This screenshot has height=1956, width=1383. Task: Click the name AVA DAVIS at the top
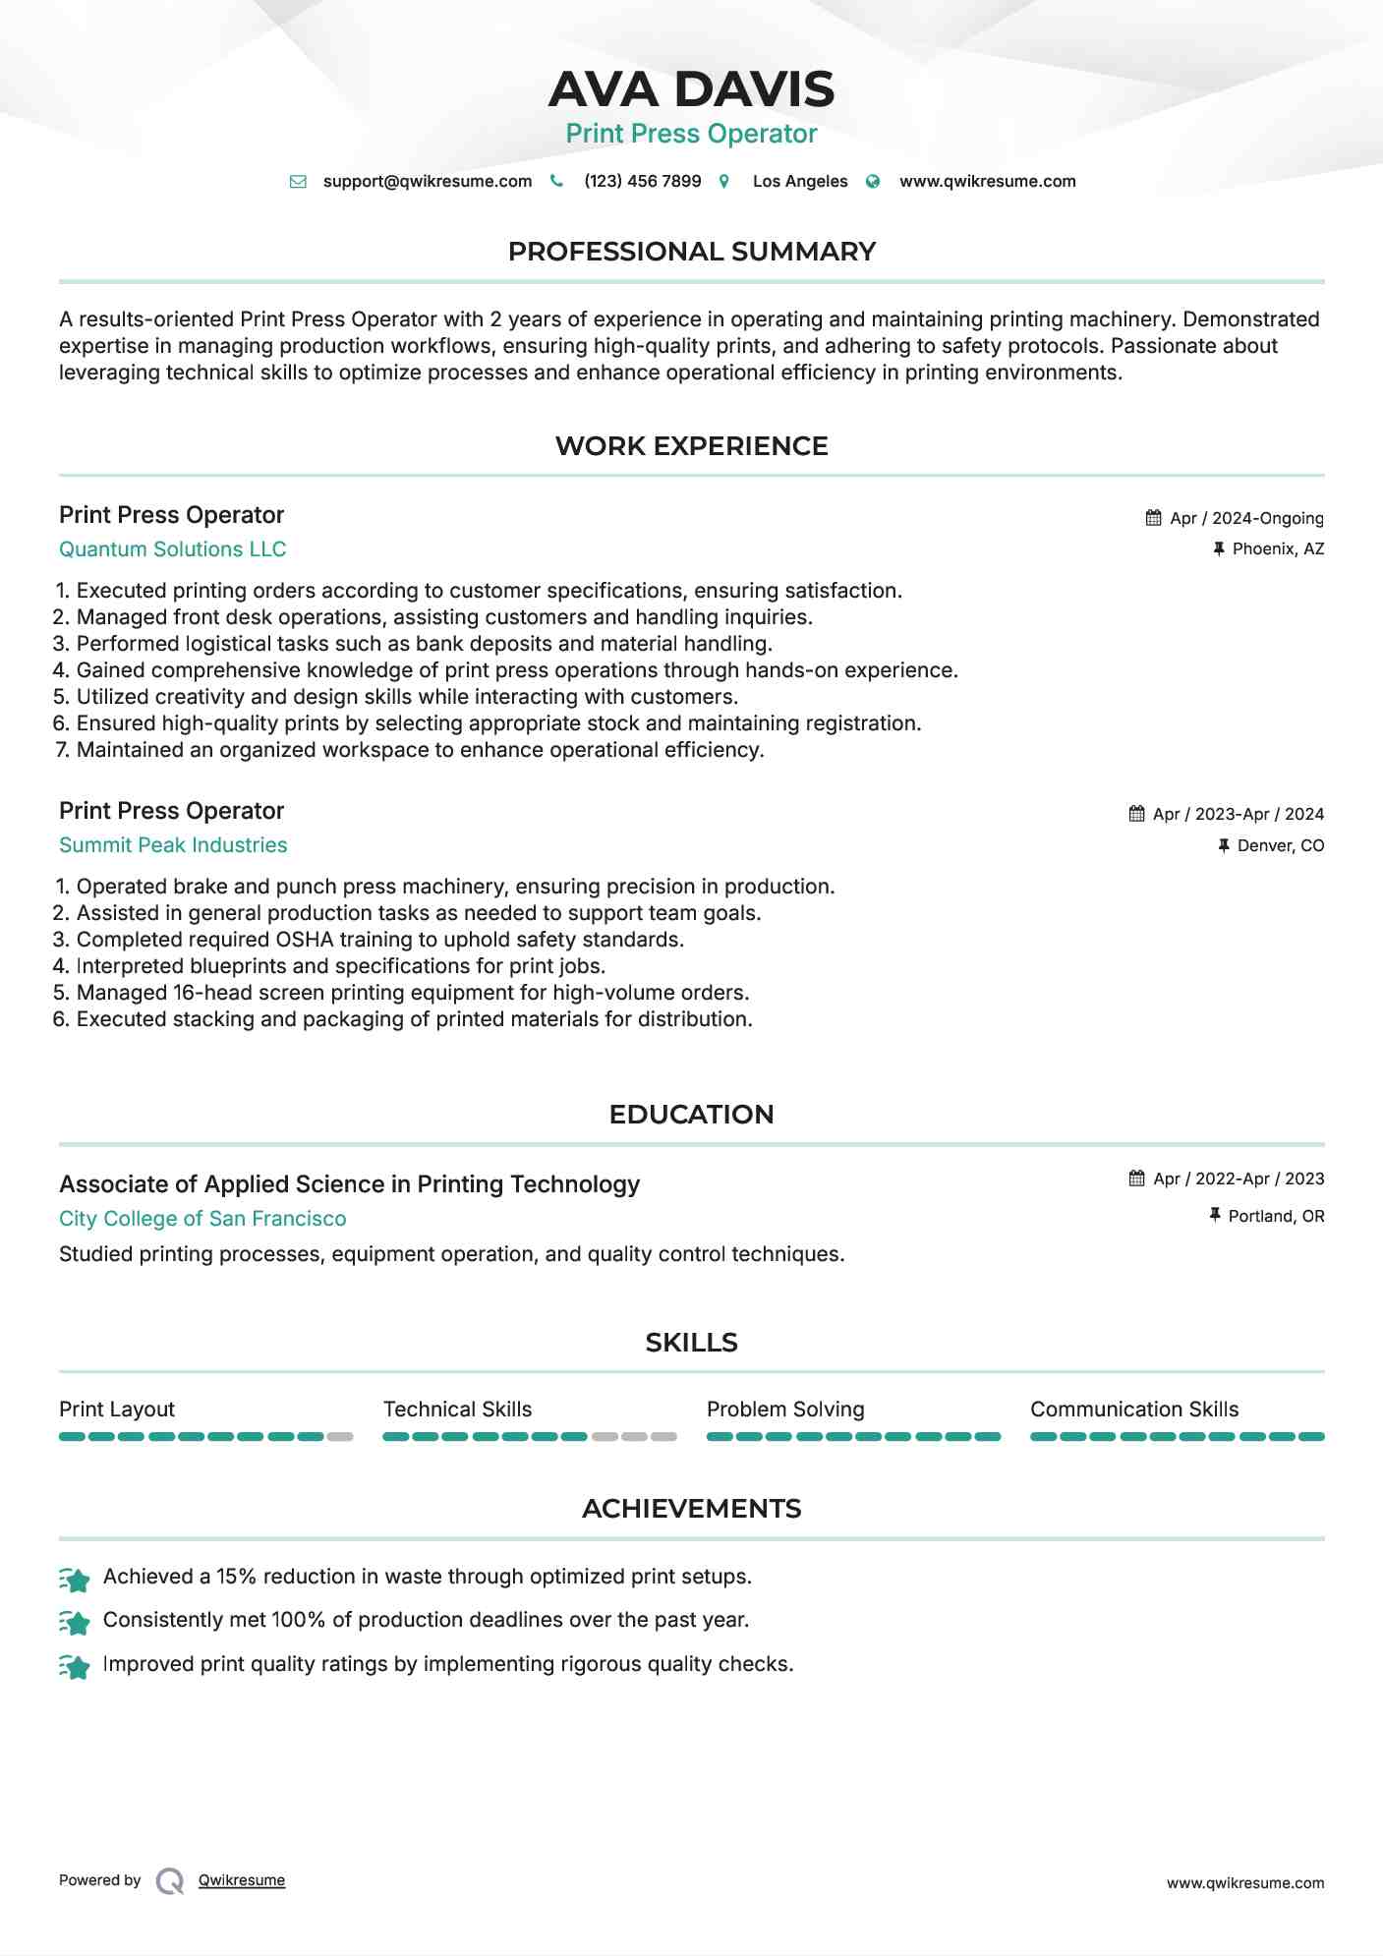[691, 89]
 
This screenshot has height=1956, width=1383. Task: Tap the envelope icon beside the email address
[298, 182]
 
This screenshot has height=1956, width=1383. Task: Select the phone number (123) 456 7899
[642, 182]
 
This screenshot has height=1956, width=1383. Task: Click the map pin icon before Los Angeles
[724, 182]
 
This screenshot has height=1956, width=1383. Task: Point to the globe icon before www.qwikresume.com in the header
[873, 182]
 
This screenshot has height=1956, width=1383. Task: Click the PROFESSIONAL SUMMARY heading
[691, 252]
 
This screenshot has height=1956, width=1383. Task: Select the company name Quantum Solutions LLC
[172, 549]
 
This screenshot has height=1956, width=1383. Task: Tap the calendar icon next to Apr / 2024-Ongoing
[1153, 518]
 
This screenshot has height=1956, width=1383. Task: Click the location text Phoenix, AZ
[1278, 549]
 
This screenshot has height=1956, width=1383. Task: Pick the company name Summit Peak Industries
[173, 845]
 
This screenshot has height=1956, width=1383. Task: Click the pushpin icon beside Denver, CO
[1224, 845]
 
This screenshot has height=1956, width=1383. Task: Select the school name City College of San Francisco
[202, 1219]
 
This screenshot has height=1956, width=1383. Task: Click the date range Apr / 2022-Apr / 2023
[1239, 1179]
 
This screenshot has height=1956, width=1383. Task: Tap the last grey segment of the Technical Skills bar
[664, 1437]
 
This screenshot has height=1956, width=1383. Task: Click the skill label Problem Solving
[785, 1409]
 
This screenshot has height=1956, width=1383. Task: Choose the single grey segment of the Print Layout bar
[340, 1437]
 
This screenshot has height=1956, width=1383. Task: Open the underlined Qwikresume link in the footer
[242, 1880]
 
